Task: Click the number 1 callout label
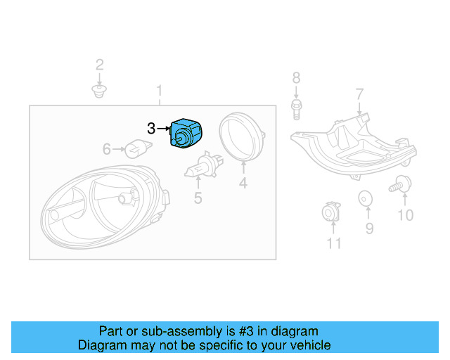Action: [160, 91]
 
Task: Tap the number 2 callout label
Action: [100, 65]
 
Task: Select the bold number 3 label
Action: [151, 129]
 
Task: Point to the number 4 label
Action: [243, 184]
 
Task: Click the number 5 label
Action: [198, 199]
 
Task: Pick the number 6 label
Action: [107, 149]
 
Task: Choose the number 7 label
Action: [359, 94]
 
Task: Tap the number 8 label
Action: [296, 77]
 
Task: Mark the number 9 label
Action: [369, 228]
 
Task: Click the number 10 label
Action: [406, 215]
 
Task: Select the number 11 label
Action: [333, 243]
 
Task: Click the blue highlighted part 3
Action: [186, 134]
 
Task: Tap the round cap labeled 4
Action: [241, 136]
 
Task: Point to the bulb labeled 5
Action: [202, 169]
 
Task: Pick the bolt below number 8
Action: [296, 107]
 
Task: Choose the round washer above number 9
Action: [365, 200]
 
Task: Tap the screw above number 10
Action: [401, 184]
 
